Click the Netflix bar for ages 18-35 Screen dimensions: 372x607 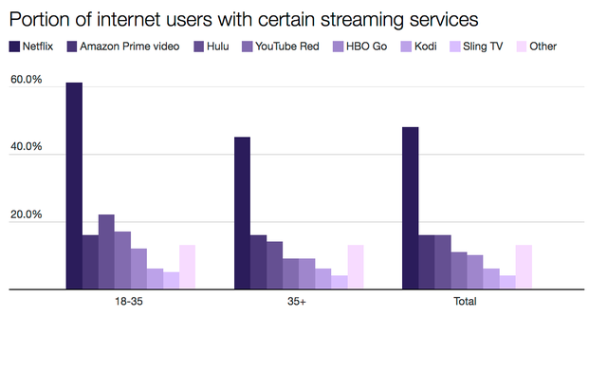(x=74, y=186)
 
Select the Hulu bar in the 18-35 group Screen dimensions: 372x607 (x=106, y=251)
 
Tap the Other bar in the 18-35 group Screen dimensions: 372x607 (x=187, y=267)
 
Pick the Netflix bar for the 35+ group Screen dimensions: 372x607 (x=243, y=214)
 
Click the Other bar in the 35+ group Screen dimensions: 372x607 (x=356, y=267)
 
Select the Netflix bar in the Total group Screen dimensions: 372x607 (x=410, y=208)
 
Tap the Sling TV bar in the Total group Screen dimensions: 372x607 (x=507, y=282)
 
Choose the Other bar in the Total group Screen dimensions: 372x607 (x=524, y=267)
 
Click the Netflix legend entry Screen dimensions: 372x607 (x=36, y=46)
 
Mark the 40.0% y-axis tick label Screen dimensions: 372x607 (x=26, y=148)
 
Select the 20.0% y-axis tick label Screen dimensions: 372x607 (x=26, y=215)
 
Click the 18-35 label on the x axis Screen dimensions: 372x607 (x=130, y=302)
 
